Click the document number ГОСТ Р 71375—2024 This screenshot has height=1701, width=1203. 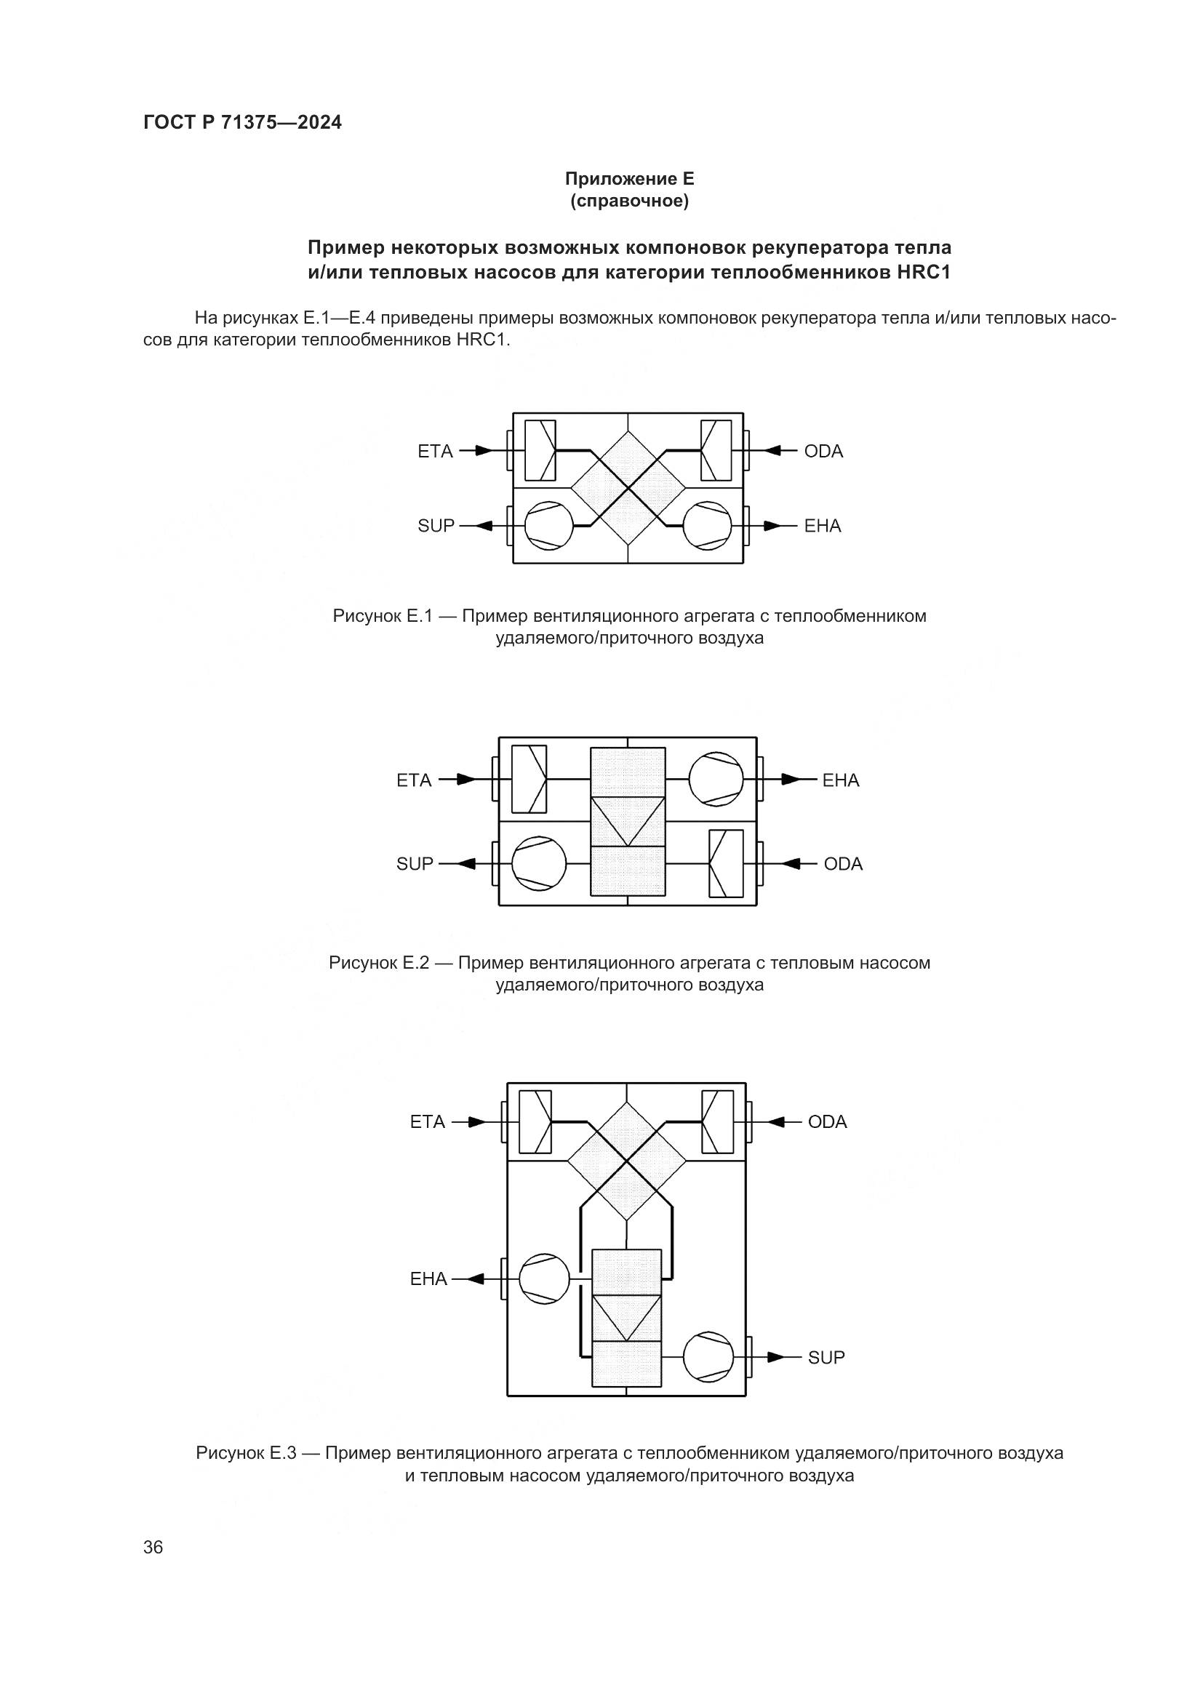pyautogui.click(x=242, y=123)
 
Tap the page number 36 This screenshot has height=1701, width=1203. pyautogui.click(x=153, y=1548)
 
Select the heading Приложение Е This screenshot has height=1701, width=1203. pyautogui.click(x=629, y=179)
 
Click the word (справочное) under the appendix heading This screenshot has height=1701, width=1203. pyautogui.click(x=629, y=201)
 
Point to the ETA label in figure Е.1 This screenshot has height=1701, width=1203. pyautogui.click(x=435, y=451)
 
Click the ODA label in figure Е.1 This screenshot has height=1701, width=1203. pyautogui.click(x=823, y=451)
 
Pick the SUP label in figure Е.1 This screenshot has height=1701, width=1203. pyautogui.click(x=436, y=526)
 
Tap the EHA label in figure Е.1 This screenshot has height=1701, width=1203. pyautogui.click(x=823, y=526)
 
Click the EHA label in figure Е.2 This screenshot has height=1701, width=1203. pyautogui.click(x=840, y=780)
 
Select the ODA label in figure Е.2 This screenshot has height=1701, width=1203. pyautogui.click(x=843, y=864)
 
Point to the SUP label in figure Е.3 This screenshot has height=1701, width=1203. pyautogui.click(x=826, y=1357)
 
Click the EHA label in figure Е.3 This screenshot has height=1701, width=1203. pyautogui.click(x=429, y=1278)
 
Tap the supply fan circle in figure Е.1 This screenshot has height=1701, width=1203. pyautogui.click(x=549, y=526)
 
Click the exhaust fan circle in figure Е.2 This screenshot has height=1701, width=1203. pyautogui.click(x=716, y=780)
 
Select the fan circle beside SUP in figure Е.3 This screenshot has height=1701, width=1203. pyautogui.click(x=708, y=1357)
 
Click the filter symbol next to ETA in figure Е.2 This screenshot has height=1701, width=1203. pyautogui.click(x=529, y=780)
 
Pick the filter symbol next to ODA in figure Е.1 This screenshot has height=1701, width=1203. pyautogui.click(x=716, y=450)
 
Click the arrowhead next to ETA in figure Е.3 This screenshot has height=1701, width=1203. pyautogui.click(x=478, y=1122)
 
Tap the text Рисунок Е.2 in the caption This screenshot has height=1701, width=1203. pyautogui.click(x=378, y=963)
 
